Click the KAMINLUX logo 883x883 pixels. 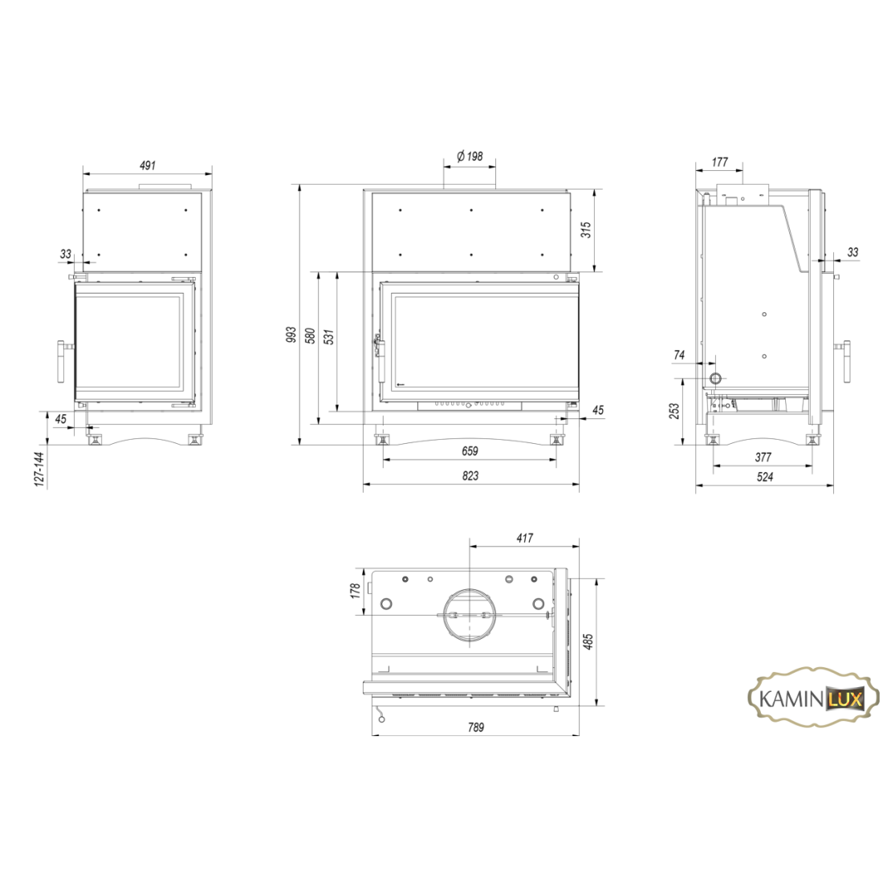pos(812,699)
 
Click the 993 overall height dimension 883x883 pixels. pos(291,335)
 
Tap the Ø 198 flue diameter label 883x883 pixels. pos(470,156)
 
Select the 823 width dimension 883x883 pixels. pos(470,476)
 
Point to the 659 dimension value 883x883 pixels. pos(470,451)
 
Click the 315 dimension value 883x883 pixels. pos(586,230)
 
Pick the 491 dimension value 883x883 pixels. pos(147,165)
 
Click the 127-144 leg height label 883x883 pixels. pos(39,469)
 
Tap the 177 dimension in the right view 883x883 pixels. pos(720,162)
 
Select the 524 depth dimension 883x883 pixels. pos(765,477)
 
